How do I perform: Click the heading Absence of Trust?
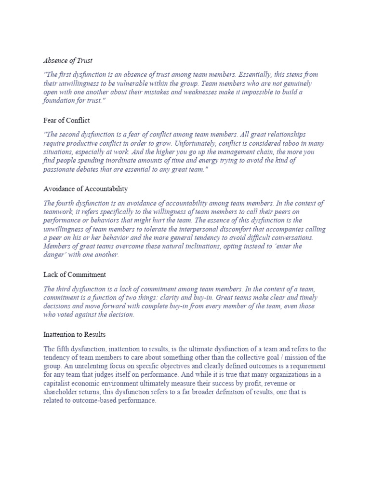[x=68, y=61]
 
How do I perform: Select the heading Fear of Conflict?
[x=66, y=120]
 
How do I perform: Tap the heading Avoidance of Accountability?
[x=86, y=189]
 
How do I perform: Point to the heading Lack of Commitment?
[x=75, y=274]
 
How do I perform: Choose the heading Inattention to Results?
[x=74, y=334]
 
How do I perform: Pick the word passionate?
[x=60, y=169]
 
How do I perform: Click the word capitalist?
[x=60, y=384]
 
